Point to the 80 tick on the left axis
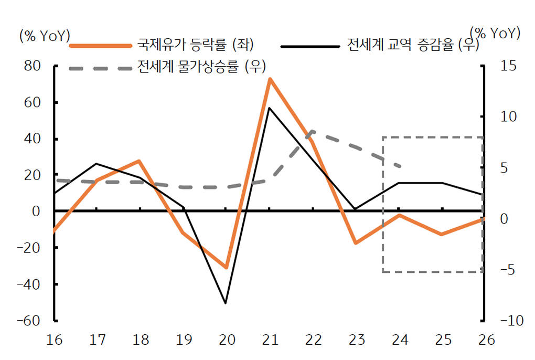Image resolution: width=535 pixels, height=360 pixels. click(32, 66)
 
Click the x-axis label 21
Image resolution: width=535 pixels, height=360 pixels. click(269, 340)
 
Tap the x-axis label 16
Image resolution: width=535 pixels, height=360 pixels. click(54, 340)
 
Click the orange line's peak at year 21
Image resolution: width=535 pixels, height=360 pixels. click(269, 79)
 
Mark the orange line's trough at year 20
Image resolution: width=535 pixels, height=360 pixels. click(226, 268)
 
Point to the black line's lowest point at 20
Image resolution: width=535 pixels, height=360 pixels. click(226, 303)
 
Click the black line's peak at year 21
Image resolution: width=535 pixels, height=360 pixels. click(269, 108)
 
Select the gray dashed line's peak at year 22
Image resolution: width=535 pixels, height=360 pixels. click(313, 131)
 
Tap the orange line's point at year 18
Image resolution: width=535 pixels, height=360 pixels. click(140, 161)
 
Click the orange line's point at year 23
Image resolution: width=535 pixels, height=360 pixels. click(356, 243)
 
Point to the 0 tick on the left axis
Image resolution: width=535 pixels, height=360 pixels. click(36, 211)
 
